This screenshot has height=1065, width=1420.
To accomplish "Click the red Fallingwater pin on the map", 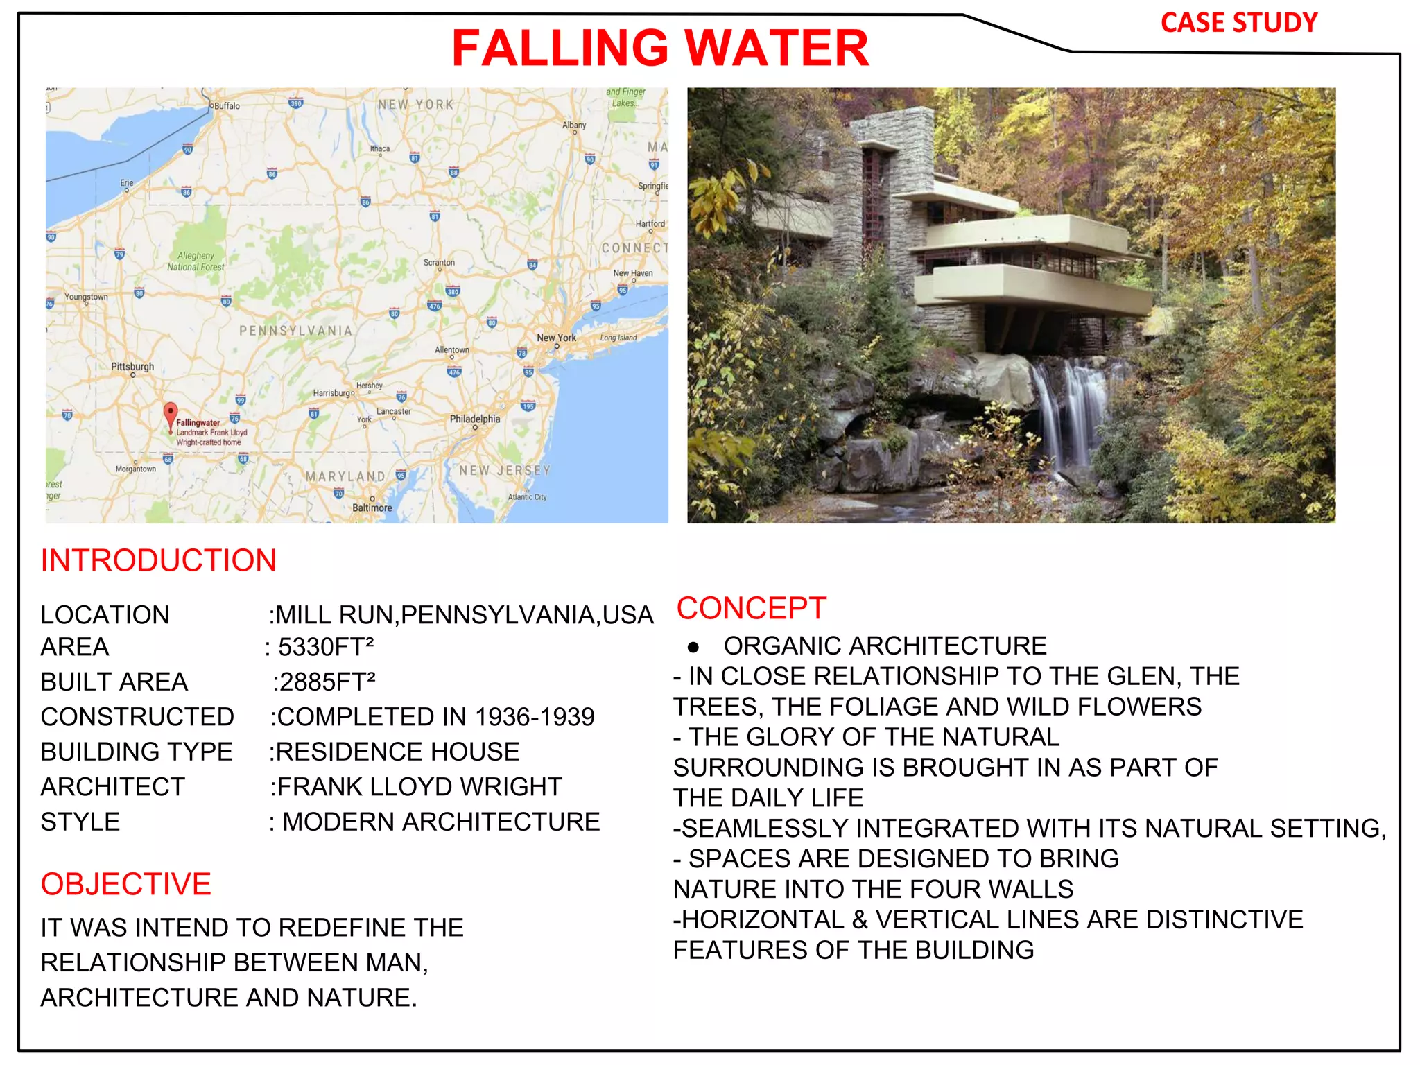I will pyautogui.click(x=170, y=415).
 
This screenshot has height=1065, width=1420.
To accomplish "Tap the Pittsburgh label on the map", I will pyautogui.click(x=132, y=366).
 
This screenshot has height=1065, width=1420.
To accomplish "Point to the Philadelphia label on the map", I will pyautogui.click(x=475, y=419).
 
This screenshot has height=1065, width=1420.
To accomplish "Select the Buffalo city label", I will pyautogui.click(x=226, y=106).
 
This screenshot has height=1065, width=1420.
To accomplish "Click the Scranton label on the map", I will pyautogui.click(x=439, y=263).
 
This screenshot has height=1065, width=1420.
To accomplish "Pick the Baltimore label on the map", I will pyautogui.click(x=372, y=508).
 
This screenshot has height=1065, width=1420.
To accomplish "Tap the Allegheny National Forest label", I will pyautogui.click(x=196, y=261).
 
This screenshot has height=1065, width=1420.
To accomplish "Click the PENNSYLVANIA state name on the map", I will pyautogui.click(x=296, y=331).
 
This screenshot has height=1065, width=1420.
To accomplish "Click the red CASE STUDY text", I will pyautogui.click(x=1239, y=23).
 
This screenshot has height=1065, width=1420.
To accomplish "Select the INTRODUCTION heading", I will pyautogui.click(x=159, y=560).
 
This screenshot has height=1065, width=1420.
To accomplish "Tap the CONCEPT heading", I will pyautogui.click(x=752, y=608).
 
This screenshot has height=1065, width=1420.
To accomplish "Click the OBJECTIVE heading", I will pyautogui.click(x=126, y=884).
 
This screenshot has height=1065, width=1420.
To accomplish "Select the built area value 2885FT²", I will pyautogui.click(x=326, y=682).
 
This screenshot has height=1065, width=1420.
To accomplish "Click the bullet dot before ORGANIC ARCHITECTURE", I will pyautogui.click(x=693, y=648).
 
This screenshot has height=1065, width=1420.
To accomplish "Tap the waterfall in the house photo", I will pyautogui.click(x=1071, y=416).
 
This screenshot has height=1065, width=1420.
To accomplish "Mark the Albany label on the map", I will pyautogui.click(x=574, y=125).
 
